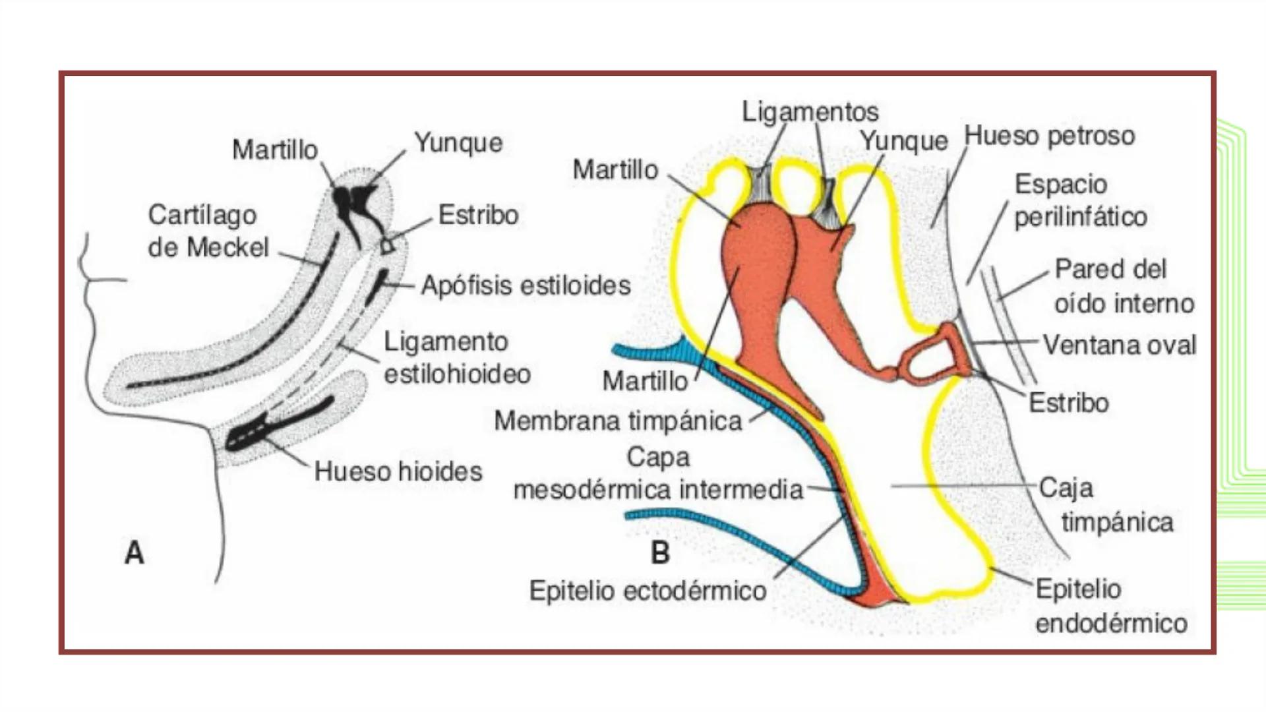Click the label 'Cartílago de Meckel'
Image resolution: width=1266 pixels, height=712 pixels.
[208, 231]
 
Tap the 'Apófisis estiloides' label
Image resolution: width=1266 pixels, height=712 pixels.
[526, 285]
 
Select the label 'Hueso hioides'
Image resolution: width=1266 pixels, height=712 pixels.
[398, 471]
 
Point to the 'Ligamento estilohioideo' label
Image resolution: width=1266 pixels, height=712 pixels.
[457, 358]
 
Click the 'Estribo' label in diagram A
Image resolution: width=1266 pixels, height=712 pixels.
[478, 215]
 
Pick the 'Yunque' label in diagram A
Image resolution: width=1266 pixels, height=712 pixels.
[458, 143]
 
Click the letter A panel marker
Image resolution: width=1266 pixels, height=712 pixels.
[135, 552]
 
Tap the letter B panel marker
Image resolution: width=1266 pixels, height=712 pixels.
[660, 552]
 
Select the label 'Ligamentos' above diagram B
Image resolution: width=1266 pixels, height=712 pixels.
[810, 112]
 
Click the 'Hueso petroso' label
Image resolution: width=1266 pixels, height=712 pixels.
[1049, 136]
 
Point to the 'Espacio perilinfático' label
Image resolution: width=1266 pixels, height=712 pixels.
[1080, 200]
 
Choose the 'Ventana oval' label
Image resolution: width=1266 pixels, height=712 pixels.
[1119, 345]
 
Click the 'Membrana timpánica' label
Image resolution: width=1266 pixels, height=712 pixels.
[618, 421]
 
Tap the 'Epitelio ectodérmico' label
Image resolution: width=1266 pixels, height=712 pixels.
[648, 591]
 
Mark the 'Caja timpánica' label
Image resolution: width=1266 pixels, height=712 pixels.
[1106, 505]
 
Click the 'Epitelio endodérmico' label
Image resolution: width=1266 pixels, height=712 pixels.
[1110, 606]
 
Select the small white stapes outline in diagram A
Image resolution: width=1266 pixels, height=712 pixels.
[388, 246]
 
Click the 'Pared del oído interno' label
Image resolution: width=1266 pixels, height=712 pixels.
[1124, 286]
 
